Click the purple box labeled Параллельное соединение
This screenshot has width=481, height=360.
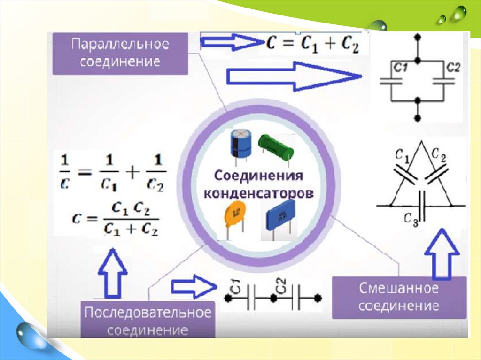120,53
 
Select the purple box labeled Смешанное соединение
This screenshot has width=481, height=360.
399,297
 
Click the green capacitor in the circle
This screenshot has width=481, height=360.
277,144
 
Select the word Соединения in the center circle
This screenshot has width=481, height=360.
258,176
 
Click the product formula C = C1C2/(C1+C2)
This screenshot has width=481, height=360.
115,219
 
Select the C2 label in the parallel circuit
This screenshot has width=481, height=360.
454,68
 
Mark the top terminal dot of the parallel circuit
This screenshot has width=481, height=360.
418,36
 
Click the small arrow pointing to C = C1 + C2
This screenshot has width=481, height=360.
231,43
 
